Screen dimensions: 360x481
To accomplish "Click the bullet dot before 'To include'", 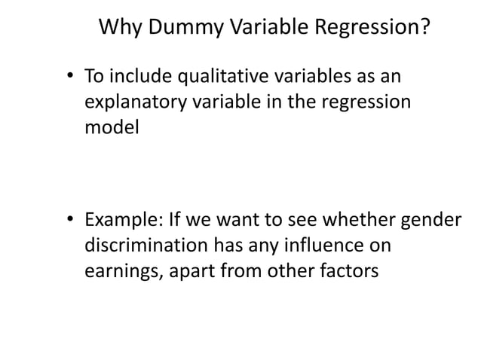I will pyautogui.click(x=69, y=78).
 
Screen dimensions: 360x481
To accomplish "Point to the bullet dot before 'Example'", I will pyautogui.click(x=69, y=223).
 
